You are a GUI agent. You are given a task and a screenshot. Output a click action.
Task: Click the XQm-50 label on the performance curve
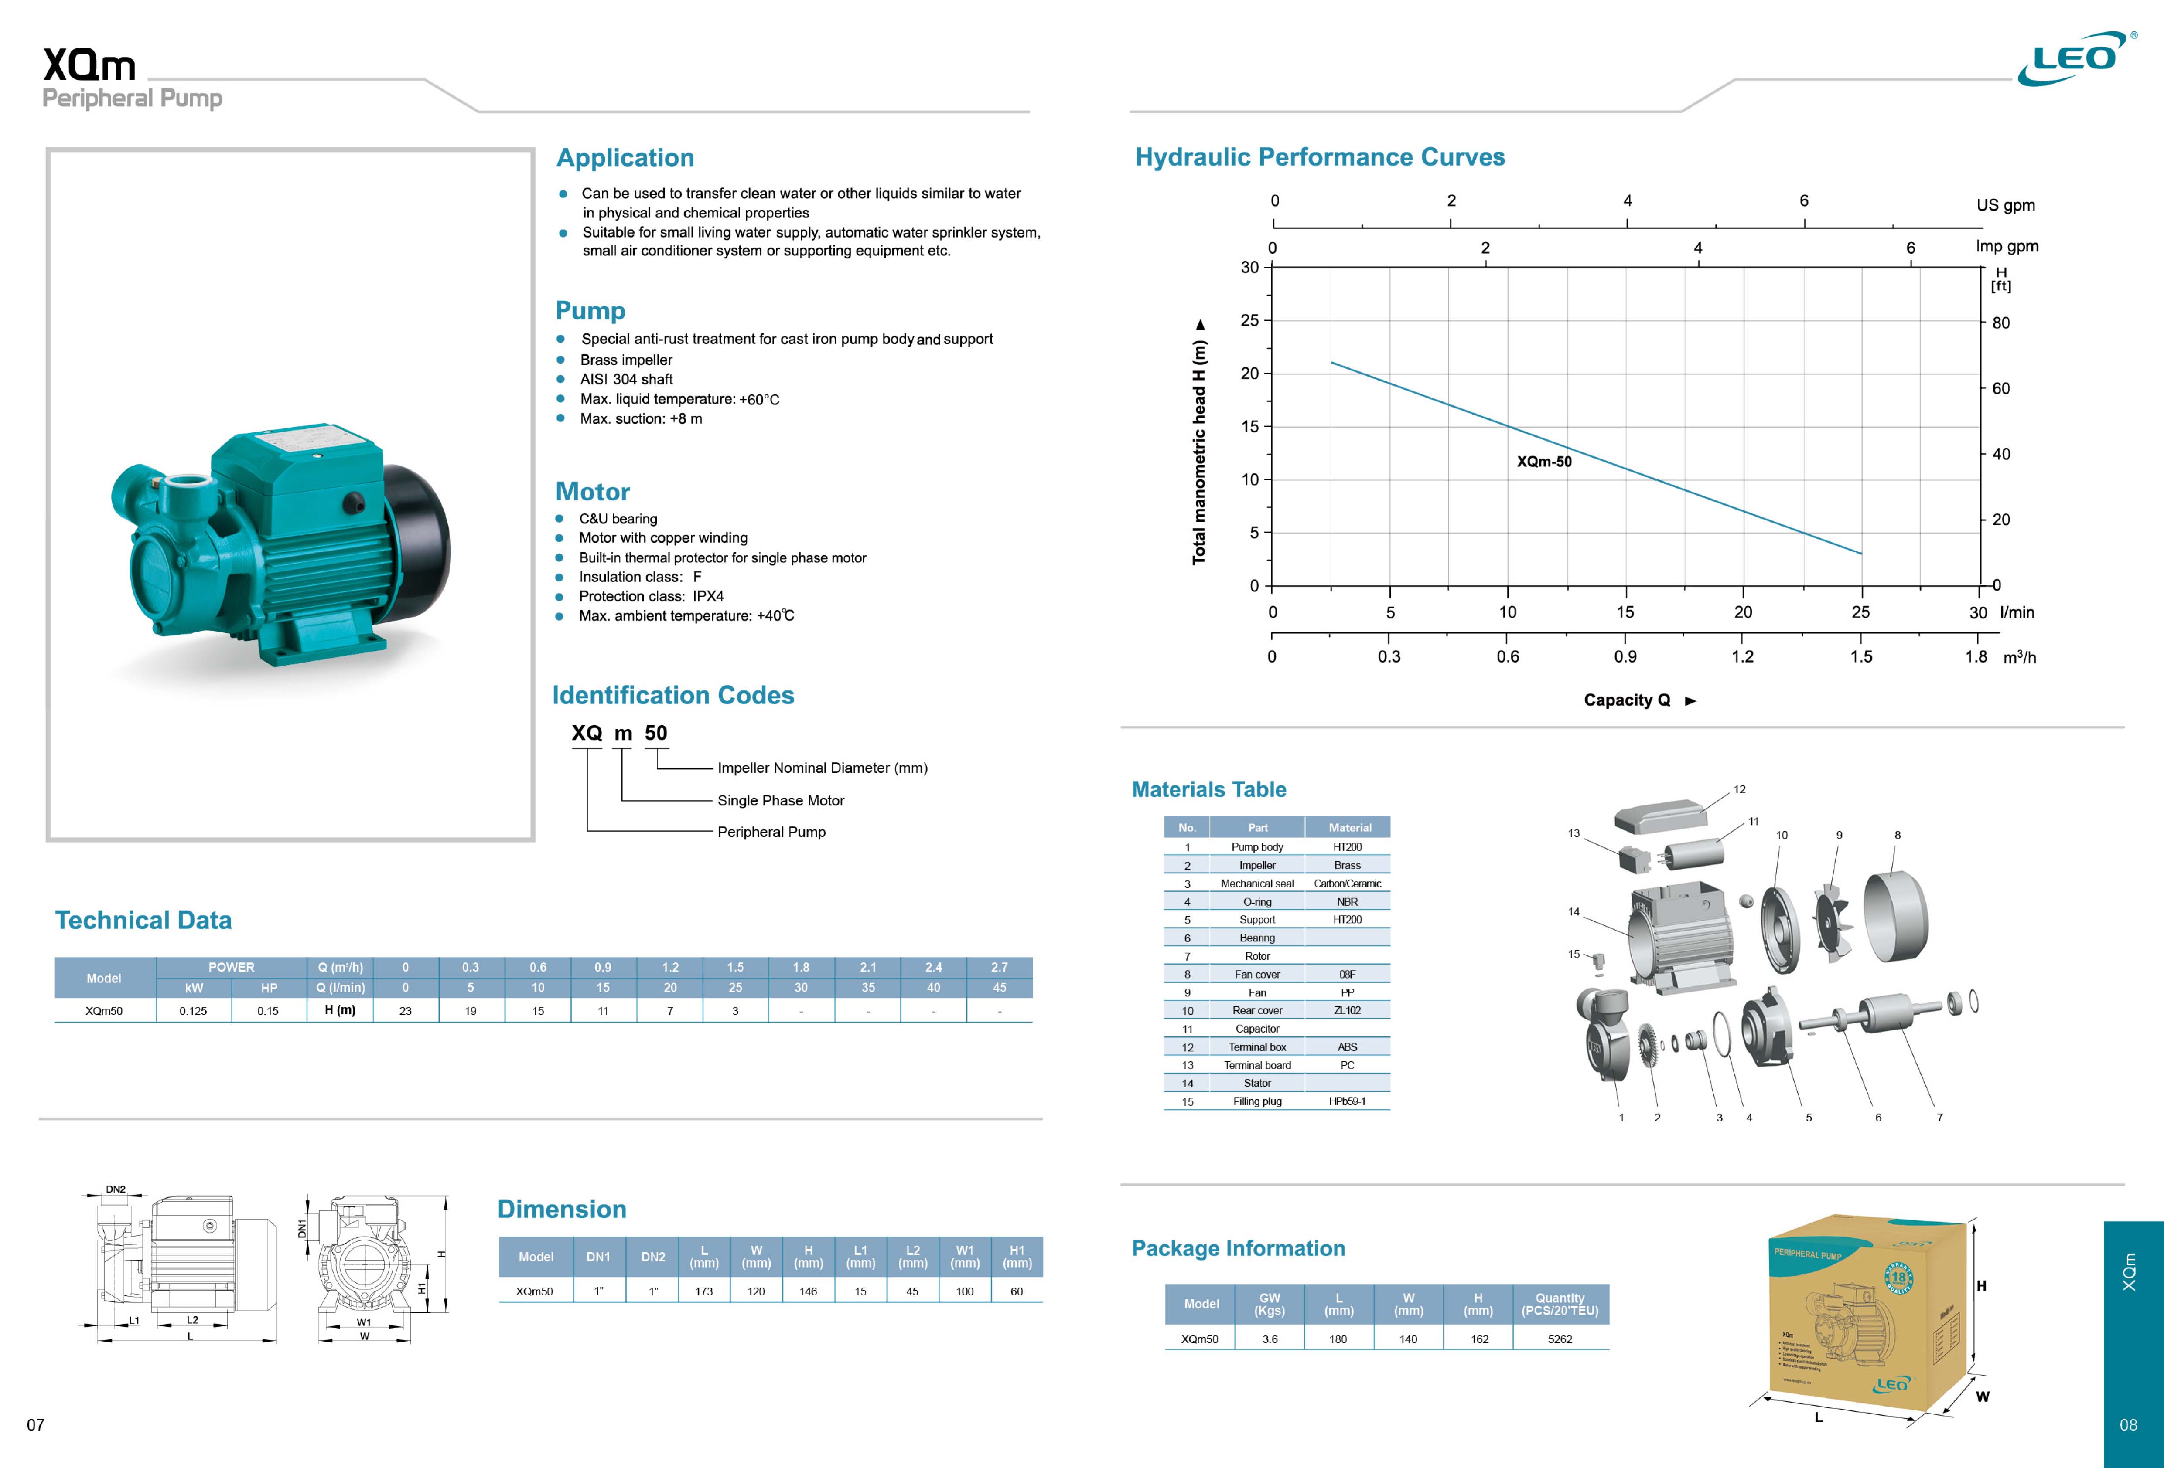pos(1544,462)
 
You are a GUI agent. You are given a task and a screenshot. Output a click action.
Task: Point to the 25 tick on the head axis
pos(1249,320)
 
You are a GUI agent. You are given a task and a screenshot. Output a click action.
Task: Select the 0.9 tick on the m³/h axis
pos(1625,656)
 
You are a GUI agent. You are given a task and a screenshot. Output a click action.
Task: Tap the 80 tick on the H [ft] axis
pos(2000,323)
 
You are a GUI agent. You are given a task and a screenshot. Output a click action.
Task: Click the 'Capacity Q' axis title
pos(1627,700)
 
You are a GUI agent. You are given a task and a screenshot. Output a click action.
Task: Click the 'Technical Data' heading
pos(143,921)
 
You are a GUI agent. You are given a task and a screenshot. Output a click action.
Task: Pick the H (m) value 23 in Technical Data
pos(405,1011)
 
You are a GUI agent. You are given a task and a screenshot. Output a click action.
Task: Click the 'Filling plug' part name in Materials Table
pos(1257,1101)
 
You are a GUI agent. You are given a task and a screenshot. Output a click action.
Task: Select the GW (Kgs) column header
pos(1269,1304)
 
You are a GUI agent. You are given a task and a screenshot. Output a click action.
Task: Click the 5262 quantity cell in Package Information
pos(1560,1339)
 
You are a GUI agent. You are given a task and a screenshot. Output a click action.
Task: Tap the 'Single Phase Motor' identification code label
pos(780,801)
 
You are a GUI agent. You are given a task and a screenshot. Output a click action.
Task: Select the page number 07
pos(35,1425)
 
